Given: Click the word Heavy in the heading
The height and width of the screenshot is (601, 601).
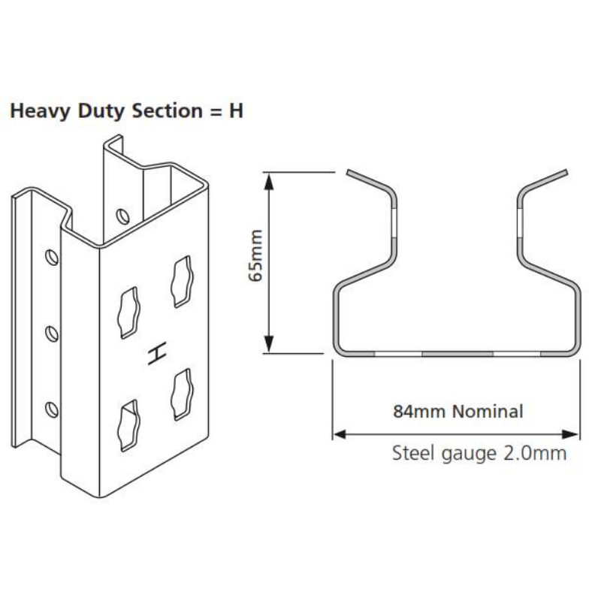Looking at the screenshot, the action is pos(41,112).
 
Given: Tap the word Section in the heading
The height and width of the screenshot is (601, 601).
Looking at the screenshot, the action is pos(167,110).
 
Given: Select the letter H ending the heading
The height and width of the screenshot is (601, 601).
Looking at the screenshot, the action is pos(236,110).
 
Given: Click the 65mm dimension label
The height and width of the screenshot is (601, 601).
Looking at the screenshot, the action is pos(255,255).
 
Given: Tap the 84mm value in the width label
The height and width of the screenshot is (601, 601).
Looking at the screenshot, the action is pos(419,411).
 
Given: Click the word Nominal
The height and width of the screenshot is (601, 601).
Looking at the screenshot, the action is pos(488,411).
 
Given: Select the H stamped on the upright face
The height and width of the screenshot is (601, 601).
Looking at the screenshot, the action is pos(157,352).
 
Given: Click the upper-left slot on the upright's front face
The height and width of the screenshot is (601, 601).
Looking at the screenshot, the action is pos(128,313).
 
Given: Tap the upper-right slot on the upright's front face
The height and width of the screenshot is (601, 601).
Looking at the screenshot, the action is pos(182,281).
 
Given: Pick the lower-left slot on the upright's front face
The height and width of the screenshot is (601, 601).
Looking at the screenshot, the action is pos(128,425).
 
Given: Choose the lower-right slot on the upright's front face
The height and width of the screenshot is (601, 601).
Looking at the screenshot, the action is pos(182,394).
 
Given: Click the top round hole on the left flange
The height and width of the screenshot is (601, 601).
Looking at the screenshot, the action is pos(52,257).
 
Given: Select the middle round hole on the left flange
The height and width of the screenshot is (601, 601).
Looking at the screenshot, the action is pos(52,334).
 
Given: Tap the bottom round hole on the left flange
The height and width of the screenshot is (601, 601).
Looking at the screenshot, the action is pos(52,409).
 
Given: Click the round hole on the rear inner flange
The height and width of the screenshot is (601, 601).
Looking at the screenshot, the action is pos(122,216).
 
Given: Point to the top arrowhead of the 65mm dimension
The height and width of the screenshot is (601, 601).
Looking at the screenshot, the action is pos(269,181).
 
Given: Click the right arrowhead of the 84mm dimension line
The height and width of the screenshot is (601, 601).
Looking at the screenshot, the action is pos(570,434).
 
